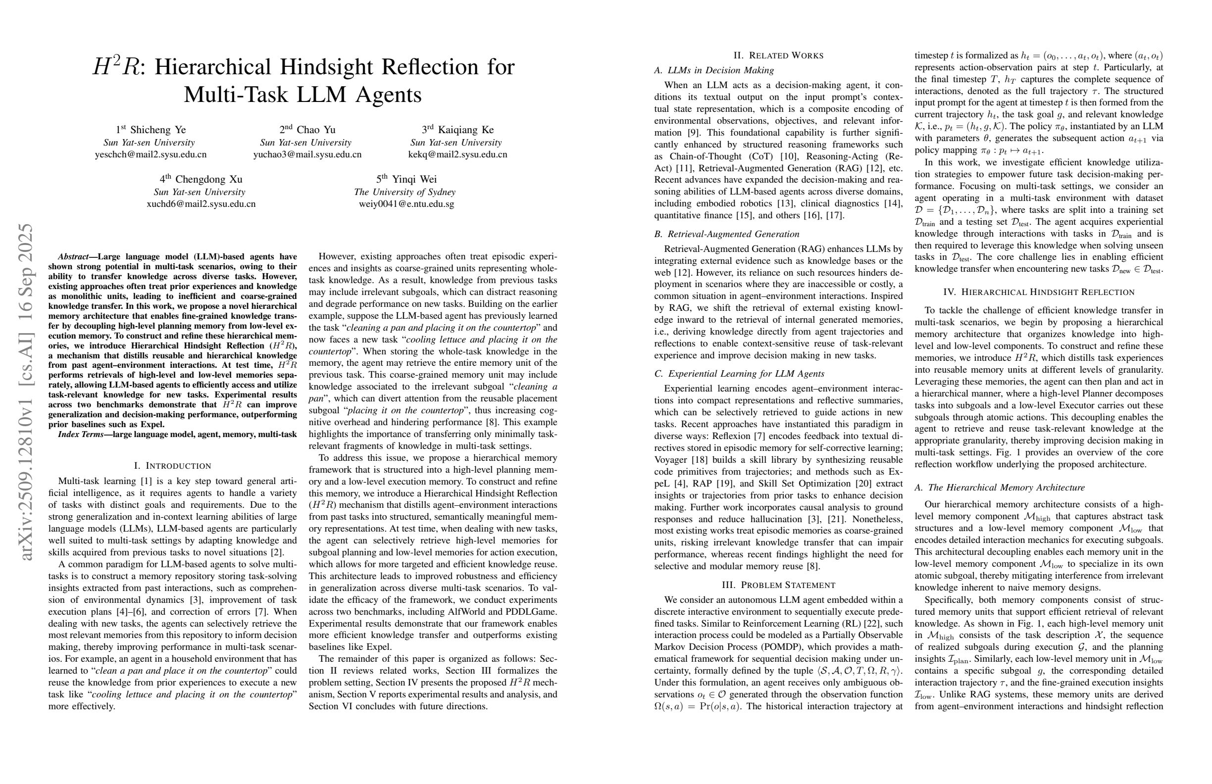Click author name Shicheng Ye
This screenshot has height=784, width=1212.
coord(158,130)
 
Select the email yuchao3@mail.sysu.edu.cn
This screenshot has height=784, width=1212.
coord(307,155)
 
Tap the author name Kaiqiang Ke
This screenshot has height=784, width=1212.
coord(465,130)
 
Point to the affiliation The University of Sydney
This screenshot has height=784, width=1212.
coord(404,193)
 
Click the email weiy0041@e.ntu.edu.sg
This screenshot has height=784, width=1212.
coord(406,204)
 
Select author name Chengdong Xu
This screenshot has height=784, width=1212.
coord(208,179)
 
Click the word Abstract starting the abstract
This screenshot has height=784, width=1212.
coord(73,256)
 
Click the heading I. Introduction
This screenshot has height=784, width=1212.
coord(172,466)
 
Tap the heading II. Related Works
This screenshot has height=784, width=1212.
coord(778,55)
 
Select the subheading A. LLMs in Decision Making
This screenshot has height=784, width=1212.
coord(714,70)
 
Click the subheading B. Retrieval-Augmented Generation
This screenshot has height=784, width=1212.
coord(727,234)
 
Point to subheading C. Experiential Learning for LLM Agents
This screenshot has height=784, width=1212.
coord(739,374)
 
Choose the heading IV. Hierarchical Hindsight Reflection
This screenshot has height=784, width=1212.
coord(1039,292)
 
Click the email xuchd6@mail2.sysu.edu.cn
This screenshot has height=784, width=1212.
coord(201,204)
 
